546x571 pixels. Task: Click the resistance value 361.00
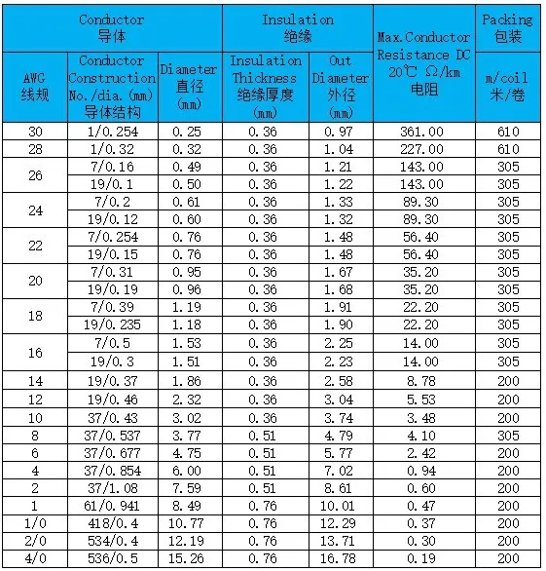[423, 132]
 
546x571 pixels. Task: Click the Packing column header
[507, 27]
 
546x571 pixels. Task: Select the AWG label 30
[34, 132]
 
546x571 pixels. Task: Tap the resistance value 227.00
[423, 149]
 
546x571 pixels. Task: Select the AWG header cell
[34, 86]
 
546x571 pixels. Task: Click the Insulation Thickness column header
[265, 86]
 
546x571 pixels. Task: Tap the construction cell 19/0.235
[111, 324]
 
